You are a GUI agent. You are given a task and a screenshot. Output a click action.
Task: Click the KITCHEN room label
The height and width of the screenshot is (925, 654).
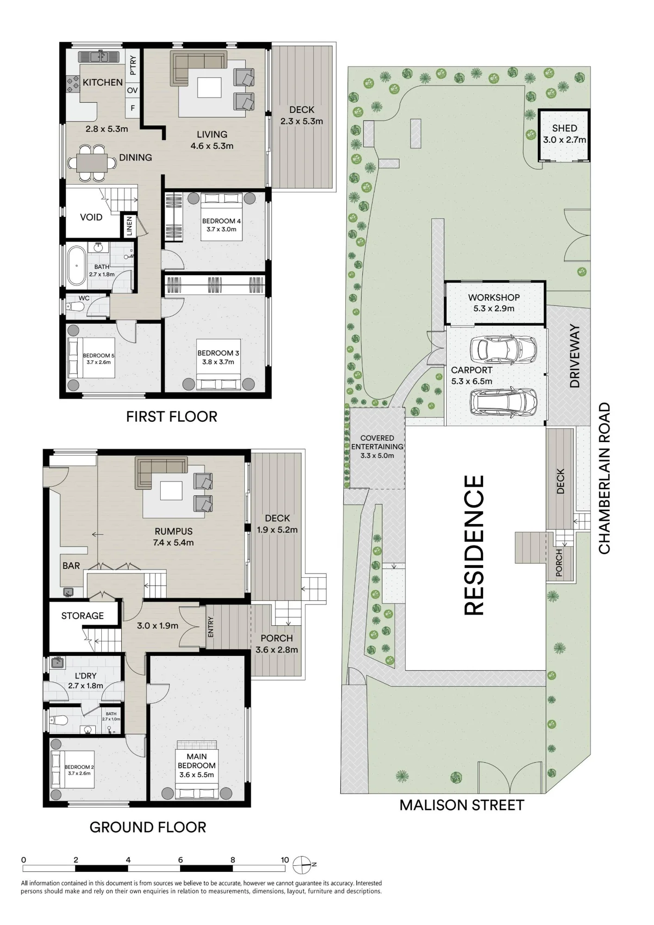[x=103, y=82]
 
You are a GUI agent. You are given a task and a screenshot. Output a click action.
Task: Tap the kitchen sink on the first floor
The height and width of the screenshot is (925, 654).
[x=93, y=57]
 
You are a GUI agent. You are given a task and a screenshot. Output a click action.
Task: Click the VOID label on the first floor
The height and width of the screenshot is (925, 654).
[x=91, y=217]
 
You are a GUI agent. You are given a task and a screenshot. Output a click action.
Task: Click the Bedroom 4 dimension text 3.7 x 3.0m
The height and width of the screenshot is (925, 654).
[x=222, y=229]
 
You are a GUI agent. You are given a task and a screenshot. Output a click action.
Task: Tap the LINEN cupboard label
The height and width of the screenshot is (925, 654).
[x=129, y=226]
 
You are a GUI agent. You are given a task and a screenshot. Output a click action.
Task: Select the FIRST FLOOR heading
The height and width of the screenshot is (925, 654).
[x=172, y=416]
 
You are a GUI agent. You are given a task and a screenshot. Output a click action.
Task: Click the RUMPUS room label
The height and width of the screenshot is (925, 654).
[x=174, y=531]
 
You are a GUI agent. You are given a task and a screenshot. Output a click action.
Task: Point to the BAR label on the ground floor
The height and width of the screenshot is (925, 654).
[x=71, y=566]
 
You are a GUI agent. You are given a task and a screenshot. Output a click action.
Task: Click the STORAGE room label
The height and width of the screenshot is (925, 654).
[x=82, y=616]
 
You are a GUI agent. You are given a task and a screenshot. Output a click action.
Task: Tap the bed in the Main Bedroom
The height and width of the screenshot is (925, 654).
[x=197, y=770]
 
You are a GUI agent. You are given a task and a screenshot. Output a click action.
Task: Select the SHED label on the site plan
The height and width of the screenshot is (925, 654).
[x=565, y=128]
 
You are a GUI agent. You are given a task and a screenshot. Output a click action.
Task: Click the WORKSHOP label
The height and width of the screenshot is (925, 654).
[x=494, y=297]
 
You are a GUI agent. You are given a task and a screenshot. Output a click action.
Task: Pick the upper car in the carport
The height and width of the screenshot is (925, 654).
[x=503, y=350]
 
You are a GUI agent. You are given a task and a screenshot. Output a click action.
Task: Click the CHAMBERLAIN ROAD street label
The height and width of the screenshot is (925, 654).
[x=604, y=478]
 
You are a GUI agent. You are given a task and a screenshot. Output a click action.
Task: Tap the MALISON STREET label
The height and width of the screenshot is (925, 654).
[x=462, y=805]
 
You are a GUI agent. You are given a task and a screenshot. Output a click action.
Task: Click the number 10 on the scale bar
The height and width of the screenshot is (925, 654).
[x=285, y=860]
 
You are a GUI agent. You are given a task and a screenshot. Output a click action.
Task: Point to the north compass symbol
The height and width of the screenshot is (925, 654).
[x=302, y=864]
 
